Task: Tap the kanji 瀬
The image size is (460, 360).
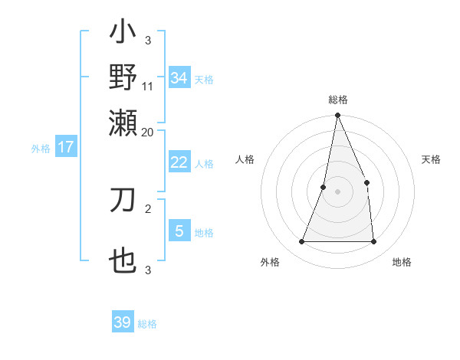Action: [x=123, y=120]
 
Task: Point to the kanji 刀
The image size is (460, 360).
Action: [x=123, y=201]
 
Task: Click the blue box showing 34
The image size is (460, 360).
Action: [x=179, y=77]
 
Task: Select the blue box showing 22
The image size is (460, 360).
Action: [x=179, y=162]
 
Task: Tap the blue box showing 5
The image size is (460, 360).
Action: [x=179, y=231]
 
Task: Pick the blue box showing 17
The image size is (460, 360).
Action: [x=66, y=147]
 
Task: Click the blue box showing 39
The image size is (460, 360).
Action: [x=123, y=322]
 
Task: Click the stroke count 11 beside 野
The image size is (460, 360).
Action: [x=148, y=86]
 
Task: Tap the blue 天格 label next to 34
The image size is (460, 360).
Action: [x=204, y=79]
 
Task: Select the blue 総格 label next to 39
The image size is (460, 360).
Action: [x=147, y=324]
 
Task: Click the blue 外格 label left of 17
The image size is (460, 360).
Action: [x=41, y=149]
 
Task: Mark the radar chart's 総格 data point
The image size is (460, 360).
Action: [x=337, y=116]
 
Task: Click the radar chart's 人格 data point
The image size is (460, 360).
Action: [x=324, y=187]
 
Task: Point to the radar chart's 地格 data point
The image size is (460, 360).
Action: [x=373, y=241]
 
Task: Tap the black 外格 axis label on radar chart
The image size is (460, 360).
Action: [x=270, y=262]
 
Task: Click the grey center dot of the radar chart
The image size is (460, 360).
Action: [x=337, y=191]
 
